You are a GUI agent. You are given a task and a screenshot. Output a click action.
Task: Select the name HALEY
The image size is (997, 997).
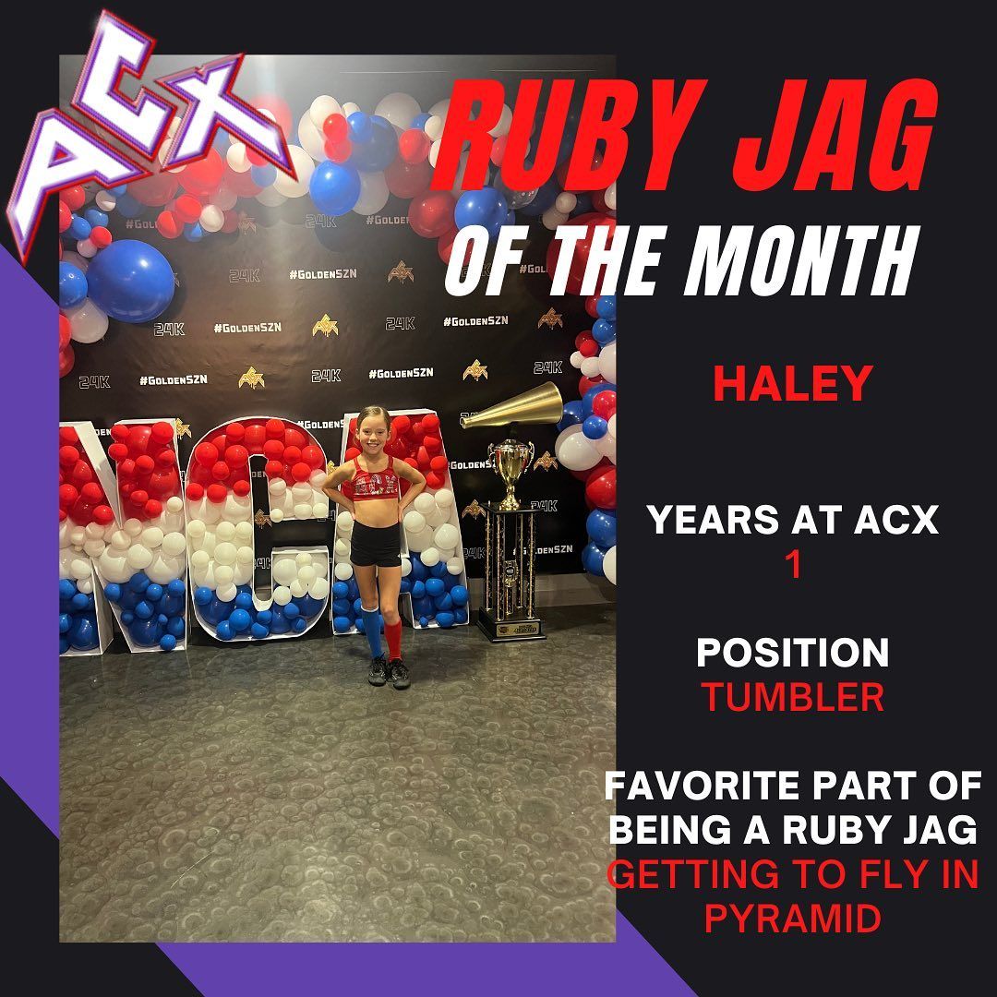[x=792, y=383]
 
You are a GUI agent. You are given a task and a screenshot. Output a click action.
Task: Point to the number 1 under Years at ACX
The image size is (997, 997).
[x=792, y=565]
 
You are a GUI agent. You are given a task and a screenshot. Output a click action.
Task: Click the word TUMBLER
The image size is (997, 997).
[x=792, y=697]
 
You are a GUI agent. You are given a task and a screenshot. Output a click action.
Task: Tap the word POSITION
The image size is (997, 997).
[x=792, y=653]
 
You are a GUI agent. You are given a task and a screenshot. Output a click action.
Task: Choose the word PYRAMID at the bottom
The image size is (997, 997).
[x=792, y=918]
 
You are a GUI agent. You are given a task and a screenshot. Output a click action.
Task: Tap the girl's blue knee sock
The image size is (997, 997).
[x=373, y=628]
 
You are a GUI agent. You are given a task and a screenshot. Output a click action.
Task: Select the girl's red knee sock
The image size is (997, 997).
[x=395, y=628]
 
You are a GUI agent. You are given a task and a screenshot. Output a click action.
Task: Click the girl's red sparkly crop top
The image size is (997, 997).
[x=375, y=480]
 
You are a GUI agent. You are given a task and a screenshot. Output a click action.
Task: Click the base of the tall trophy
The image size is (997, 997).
[x=511, y=629]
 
